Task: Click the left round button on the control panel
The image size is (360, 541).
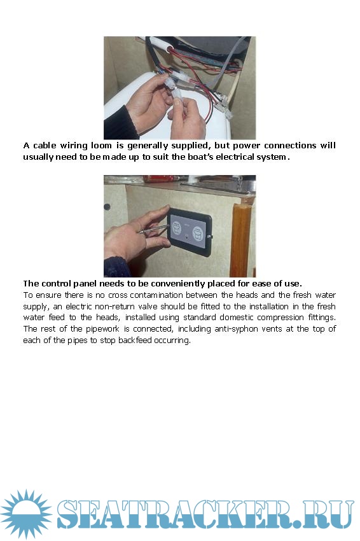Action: tap(177, 228)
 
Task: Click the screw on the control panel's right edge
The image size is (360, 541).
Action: tap(211, 237)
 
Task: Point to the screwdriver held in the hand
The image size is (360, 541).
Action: tap(154, 228)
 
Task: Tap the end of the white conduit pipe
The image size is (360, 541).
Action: tap(170, 50)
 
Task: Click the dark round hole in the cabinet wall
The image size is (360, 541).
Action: tap(107, 207)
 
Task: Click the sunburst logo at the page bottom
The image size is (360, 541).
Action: tap(26, 514)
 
